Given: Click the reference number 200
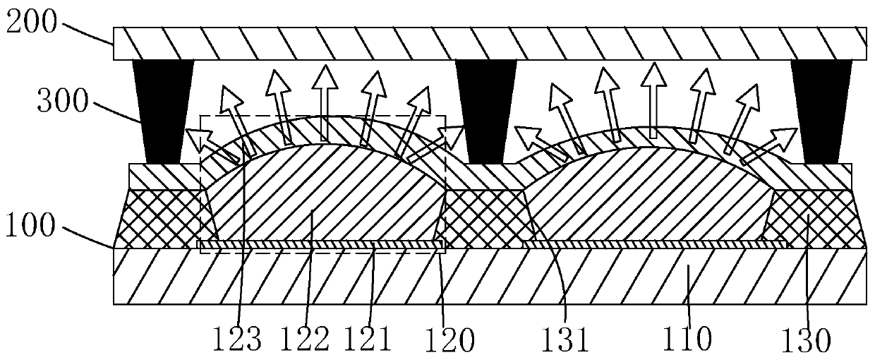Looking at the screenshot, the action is [31, 22].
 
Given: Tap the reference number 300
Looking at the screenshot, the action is [63, 101].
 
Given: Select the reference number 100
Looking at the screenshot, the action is [30, 226].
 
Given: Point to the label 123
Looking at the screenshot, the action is [236, 338].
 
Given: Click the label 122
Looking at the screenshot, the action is [305, 338].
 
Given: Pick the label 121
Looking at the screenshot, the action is [368, 338].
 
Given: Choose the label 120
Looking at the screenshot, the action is [449, 339].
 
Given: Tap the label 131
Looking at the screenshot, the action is [565, 339].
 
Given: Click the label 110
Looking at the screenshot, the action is [688, 339].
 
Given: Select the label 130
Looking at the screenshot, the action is [806, 340].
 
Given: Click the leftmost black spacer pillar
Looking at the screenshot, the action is [163, 112].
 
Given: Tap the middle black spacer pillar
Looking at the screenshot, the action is [486, 112].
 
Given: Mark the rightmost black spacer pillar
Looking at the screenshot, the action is [821, 112].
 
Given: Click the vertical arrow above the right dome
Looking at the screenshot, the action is [653, 100].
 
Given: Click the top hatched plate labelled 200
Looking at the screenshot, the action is [490, 43].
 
